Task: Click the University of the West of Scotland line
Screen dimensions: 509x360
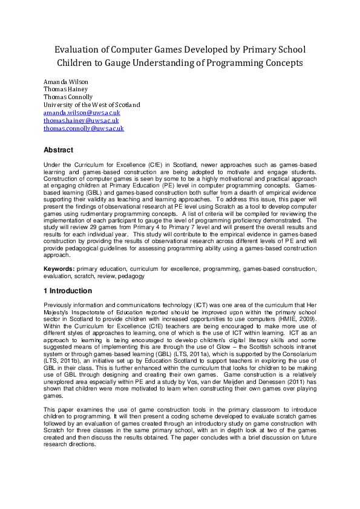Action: tap(91, 105)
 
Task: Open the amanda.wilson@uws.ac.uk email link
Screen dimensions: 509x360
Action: tap(82, 112)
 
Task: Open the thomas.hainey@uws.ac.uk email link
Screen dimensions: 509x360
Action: tap(81, 120)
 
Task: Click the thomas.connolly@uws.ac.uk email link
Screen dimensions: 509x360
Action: tap(83, 128)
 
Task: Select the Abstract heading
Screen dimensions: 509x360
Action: tap(59, 150)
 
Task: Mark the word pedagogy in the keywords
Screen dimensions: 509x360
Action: tap(133, 275)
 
